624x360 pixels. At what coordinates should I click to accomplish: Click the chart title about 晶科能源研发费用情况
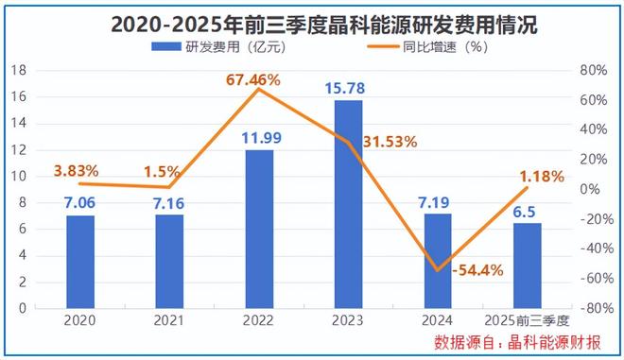click(312, 21)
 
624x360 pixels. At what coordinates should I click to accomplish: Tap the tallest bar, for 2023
click(348, 203)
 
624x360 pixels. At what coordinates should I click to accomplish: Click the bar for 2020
click(80, 261)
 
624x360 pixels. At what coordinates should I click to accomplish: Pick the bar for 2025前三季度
click(527, 265)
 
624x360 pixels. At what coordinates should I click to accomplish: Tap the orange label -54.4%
click(477, 271)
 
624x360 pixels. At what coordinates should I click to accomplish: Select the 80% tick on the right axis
click(591, 70)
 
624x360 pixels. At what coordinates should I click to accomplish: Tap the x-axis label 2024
click(437, 320)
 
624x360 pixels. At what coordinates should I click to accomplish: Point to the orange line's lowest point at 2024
click(437, 270)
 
